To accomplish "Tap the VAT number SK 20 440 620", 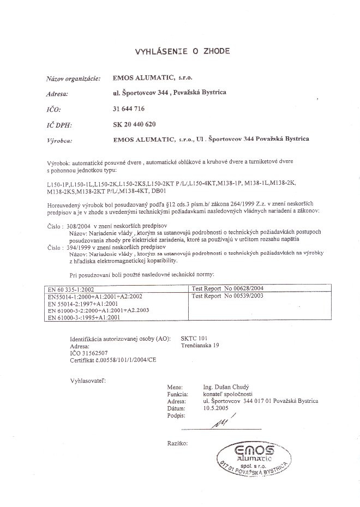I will pyautogui.click(x=134, y=124).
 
